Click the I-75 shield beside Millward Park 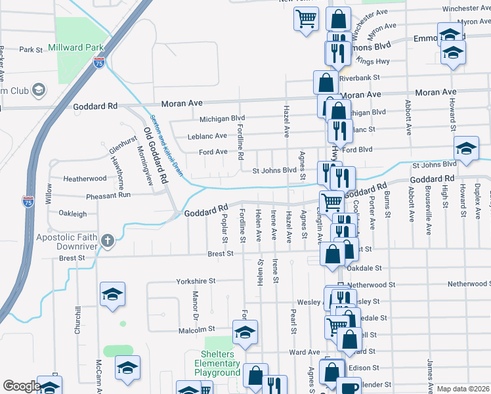[x=99, y=63]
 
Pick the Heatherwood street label [x=85, y=179]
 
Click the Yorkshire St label [x=196, y=281]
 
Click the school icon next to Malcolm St [x=245, y=333]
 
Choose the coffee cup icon [x=349, y=387]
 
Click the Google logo [x=21, y=385]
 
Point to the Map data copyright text [x=463, y=389]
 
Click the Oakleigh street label [x=73, y=213]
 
